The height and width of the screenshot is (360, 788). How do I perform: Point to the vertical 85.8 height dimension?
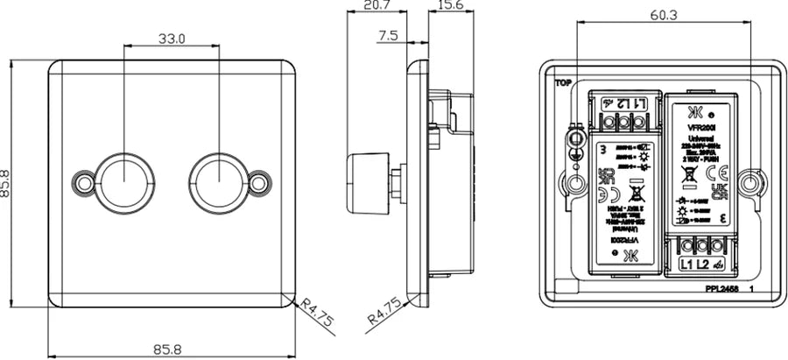tap(11, 183)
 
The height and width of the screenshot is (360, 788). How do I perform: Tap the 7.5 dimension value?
tap(388, 36)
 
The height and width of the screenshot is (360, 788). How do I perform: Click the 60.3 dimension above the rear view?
tap(664, 15)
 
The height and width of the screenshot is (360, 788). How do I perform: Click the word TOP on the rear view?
tap(562, 85)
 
